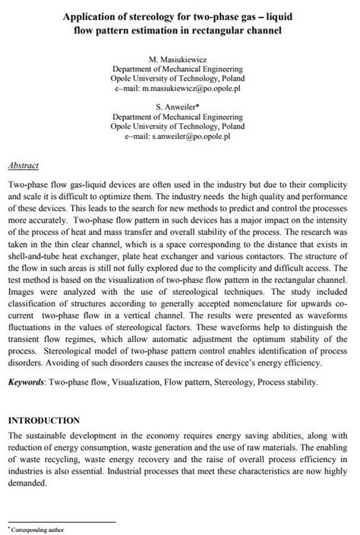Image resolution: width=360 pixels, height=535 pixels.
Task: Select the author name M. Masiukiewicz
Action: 179,59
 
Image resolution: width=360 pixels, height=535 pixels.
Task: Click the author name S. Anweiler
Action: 179,108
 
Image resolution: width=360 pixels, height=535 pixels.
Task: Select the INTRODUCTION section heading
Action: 53,420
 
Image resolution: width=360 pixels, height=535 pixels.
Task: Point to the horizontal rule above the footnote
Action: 61,521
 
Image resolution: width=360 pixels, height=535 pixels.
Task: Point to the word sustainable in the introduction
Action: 51,435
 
